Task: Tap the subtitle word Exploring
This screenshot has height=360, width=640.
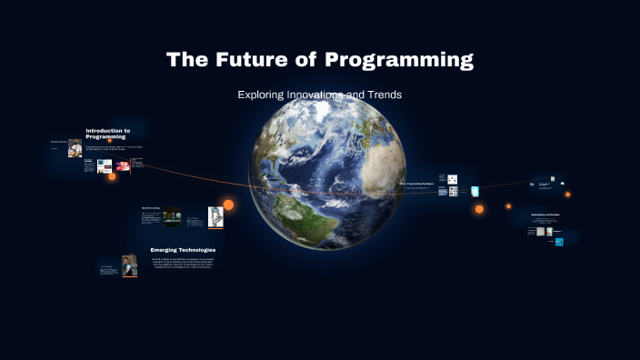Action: coord(261,94)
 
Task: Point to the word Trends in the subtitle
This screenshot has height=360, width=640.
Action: coord(382,94)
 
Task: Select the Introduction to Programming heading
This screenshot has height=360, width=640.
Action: coord(108,133)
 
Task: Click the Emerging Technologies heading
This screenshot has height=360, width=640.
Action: coord(183,249)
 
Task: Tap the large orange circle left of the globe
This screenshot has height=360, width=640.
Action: coord(228,205)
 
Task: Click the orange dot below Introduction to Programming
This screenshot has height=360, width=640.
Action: coord(112,176)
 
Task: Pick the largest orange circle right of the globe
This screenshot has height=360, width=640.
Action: coord(479,209)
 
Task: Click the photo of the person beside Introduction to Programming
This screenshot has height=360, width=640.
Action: coord(75,146)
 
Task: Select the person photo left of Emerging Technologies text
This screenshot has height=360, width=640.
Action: coord(130,265)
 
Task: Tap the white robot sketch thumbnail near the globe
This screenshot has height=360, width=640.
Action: coord(215,215)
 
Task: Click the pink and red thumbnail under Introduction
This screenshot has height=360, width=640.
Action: coord(123,166)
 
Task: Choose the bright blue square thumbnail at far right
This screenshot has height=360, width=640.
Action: coord(559,242)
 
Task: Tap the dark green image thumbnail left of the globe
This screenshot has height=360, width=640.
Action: coord(172,217)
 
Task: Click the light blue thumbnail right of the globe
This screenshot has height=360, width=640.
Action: coord(475,190)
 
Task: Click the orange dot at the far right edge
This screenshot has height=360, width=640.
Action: coord(568,194)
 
